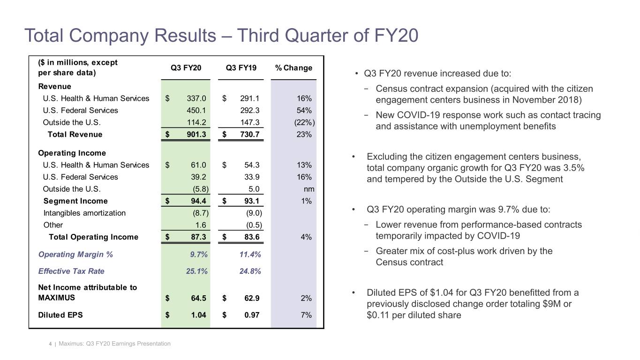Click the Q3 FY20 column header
[x=186, y=68]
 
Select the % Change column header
[x=294, y=68]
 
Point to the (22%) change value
[x=305, y=123]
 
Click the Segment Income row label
[x=75, y=201]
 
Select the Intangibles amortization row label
[x=84, y=213]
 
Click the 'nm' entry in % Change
[x=309, y=189]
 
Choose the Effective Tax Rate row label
[x=71, y=271]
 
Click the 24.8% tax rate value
[x=250, y=271]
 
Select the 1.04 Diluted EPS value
[x=199, y=315]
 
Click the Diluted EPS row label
[x=60, y=315]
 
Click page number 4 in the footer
[x=50, y=344]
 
